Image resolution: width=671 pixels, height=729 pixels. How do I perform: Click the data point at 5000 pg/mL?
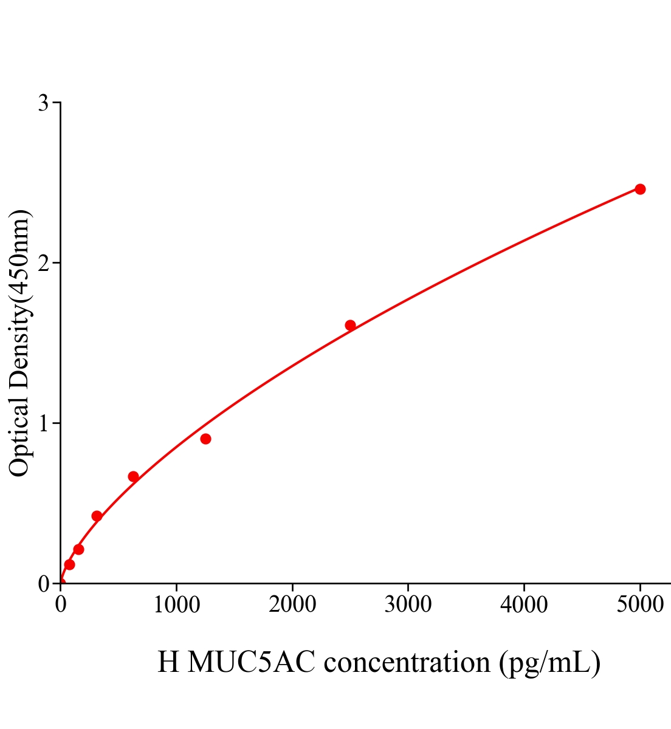tap(640, 189)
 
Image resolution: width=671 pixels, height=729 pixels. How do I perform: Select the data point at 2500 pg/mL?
tap(350, 325)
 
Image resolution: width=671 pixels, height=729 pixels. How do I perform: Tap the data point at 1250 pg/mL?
tap(205, 439)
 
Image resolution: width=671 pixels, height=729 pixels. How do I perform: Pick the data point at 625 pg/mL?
tap(133, 476)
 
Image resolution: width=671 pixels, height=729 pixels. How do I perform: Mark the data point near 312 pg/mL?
tap(97, 516)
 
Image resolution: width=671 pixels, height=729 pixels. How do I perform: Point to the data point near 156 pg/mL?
tap(78, 549)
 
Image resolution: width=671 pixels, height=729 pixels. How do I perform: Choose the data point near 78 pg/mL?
tap(69, 564)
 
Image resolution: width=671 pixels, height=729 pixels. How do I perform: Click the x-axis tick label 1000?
tap(176, 605)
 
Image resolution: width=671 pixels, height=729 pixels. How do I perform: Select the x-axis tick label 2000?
tap(292, 605)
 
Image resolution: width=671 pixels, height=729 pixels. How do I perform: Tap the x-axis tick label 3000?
tap(408, 605)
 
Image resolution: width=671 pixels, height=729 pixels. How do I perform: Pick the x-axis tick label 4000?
tap(524, 605)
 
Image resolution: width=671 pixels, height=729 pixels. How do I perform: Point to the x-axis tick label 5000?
tap(640, 605)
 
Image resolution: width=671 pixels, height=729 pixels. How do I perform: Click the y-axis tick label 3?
tap(43, 103)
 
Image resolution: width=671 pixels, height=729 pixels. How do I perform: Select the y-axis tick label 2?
tap(43, 263)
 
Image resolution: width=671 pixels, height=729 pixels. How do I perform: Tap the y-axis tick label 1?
tap(43, 423)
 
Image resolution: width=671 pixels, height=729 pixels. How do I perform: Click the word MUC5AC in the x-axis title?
tap(252, 662)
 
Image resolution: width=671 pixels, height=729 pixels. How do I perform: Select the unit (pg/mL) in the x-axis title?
tap(550, 662)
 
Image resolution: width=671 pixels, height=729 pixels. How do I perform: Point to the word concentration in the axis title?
tap(407, 662)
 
